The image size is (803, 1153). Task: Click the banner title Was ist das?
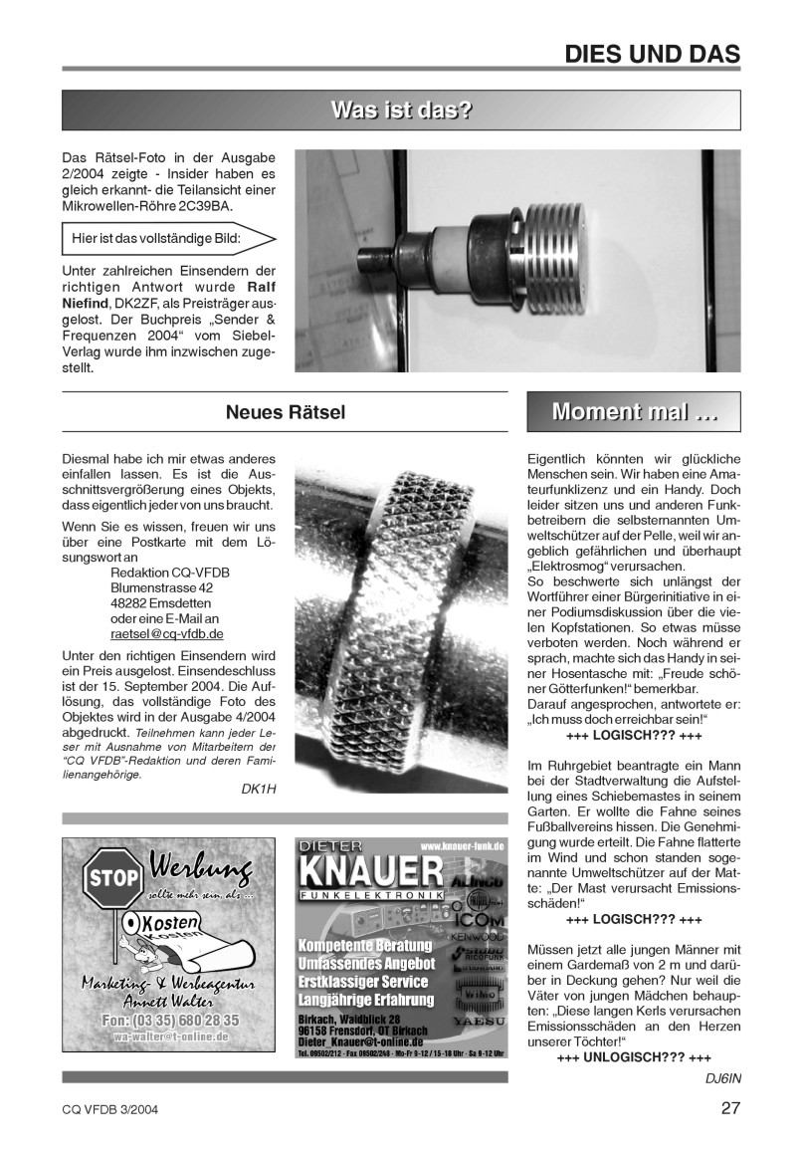[401, 111]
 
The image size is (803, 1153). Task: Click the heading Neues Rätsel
[285, 412]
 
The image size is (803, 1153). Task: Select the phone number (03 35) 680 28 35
[169, 1020]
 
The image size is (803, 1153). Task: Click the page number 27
[730, 1108]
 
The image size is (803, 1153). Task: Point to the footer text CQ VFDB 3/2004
[109, 1109]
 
